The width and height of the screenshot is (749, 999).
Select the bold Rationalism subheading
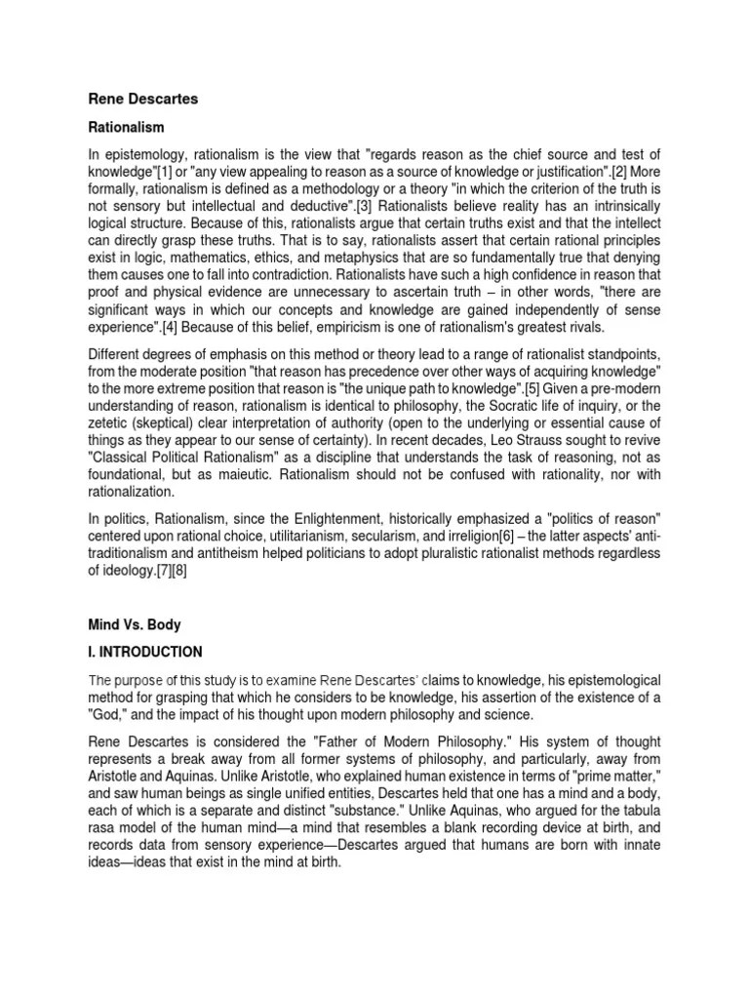128,128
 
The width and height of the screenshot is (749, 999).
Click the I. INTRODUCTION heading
147,651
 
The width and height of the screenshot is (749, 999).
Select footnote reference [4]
175,325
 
